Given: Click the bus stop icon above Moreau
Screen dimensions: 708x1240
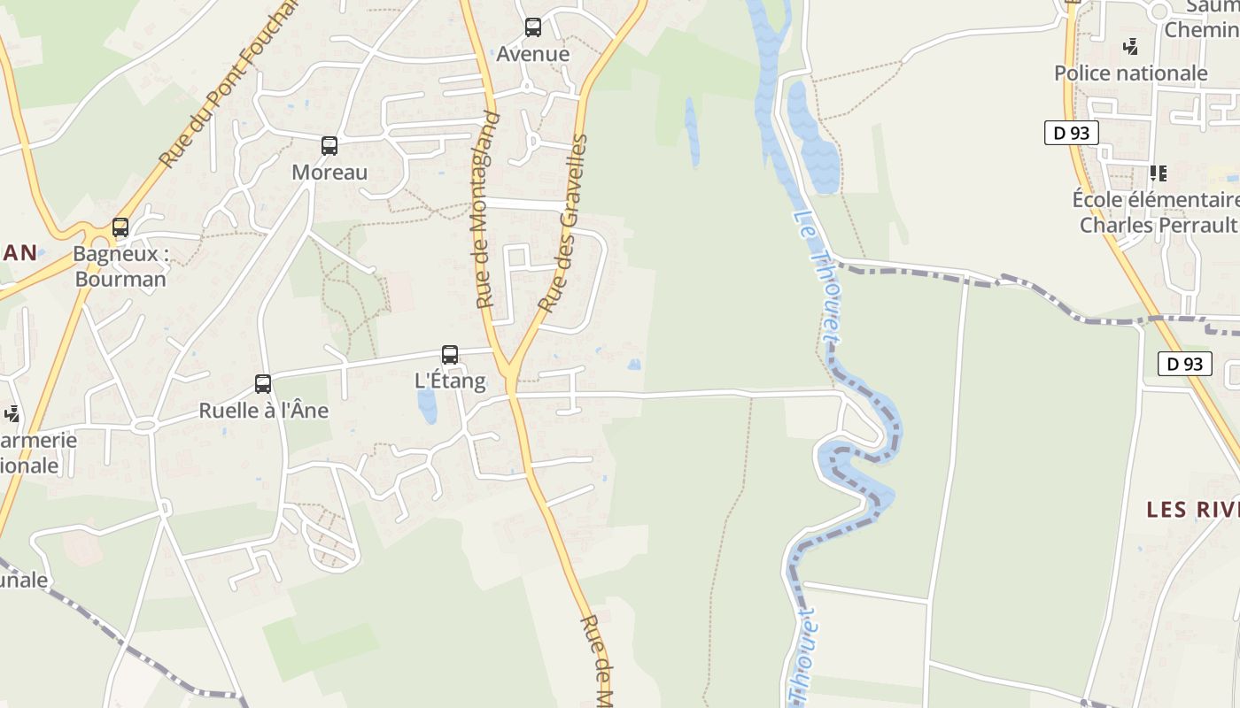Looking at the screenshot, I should coord(329,146).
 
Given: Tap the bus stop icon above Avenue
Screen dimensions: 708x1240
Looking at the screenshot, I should coord(532,27).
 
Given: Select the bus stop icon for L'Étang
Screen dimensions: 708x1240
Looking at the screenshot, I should coord(450,355).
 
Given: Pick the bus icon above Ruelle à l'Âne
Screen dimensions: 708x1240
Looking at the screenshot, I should coord(263,384).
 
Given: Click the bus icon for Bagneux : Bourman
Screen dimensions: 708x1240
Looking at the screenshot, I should coord(120,227).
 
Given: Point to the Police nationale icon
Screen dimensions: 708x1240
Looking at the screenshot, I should coord(1130,46).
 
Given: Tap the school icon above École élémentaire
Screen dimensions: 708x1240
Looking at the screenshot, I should coord(1158,173).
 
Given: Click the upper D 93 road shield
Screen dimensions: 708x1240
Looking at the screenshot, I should coord(1071,134).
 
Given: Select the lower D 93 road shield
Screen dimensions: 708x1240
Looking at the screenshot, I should coord(1184,364).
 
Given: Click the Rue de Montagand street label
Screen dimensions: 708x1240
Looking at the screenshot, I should coord(486,211).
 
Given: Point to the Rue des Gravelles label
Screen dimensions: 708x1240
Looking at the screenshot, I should coord(564,223).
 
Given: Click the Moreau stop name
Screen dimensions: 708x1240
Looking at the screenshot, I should coord(329,172).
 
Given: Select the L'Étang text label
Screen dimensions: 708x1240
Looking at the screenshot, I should coord(450,381).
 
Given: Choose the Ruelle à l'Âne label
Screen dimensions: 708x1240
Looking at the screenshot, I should coord(263,411).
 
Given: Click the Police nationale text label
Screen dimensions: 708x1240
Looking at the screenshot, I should coord(1130,73).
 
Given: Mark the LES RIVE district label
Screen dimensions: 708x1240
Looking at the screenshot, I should coord(1192,510).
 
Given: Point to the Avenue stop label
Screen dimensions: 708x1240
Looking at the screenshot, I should coord(532,54).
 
